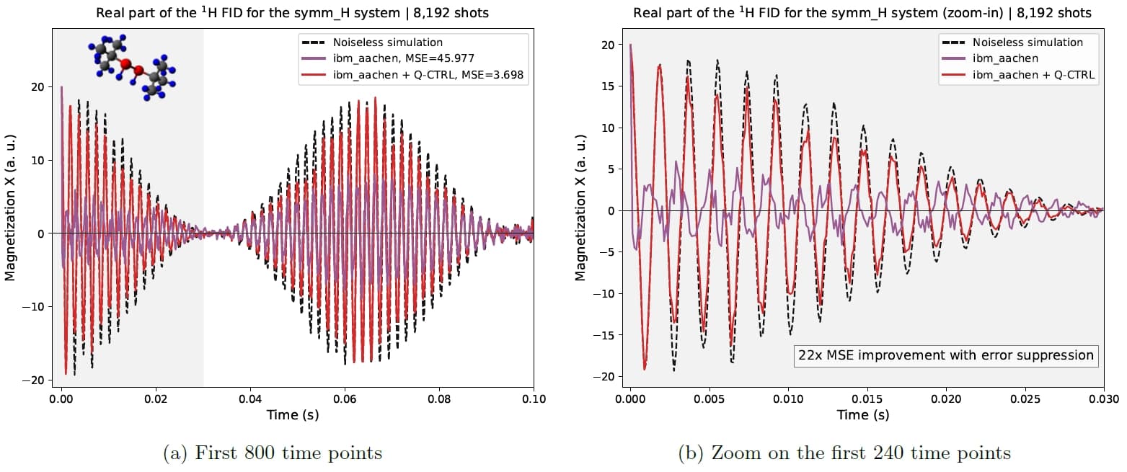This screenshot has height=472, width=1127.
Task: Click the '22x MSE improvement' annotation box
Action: pyautogui.click(x=946, y=355)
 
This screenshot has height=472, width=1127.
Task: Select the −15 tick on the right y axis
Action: pyautogui.click(x=604, y=335)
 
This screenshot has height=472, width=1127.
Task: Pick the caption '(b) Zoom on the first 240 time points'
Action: pyautogui.click(x=844, y=453)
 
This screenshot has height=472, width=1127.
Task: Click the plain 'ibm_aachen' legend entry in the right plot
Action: pyautogui.click(x=1003, y=58)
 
